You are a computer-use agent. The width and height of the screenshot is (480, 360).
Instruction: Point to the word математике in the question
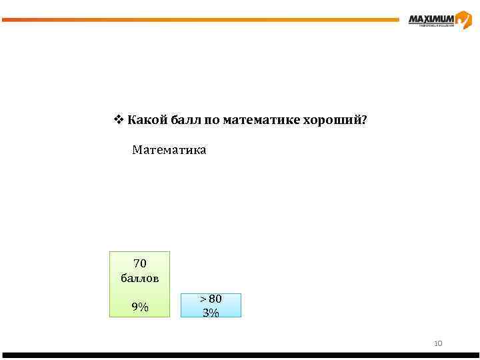coord(261,120)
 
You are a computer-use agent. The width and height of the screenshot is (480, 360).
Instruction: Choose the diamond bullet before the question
coord(118,120)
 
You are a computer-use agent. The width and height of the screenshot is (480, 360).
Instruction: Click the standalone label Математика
coord(169,150)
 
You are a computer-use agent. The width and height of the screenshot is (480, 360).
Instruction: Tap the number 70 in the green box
coord(140,263)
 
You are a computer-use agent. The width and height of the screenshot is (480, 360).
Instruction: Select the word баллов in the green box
coord(140,278)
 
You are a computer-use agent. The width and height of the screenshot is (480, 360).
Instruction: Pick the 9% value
coord(140,307)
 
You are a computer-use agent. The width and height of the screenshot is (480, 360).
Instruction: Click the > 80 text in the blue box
coord(211,299)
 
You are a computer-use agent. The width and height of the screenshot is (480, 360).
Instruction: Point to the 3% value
coord(211,312)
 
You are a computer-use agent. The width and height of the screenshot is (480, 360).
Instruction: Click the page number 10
coord(438,343)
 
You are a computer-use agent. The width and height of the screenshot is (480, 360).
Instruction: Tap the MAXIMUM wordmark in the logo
coord(431,19)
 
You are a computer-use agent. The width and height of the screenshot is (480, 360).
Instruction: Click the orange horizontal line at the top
coord(200,19)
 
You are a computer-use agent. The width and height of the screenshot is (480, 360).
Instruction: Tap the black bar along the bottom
coord(240,355)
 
